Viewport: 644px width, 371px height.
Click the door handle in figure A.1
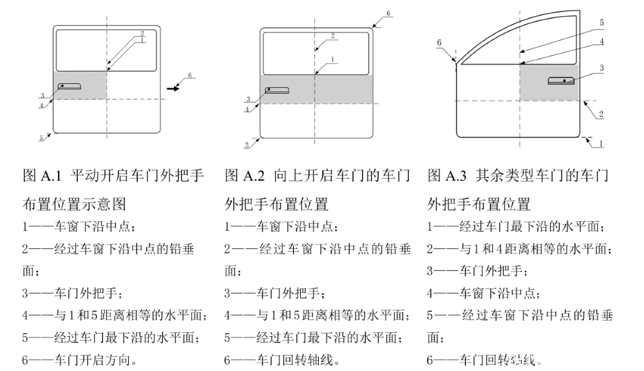coord(69,86)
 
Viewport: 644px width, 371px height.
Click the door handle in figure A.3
coord(562,81)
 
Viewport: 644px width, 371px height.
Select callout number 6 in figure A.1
coord(189,76)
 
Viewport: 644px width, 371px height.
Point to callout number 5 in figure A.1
coord(41,137)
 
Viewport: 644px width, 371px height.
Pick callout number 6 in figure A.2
coord(388,13)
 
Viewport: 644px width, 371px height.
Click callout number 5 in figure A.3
coord(601,23)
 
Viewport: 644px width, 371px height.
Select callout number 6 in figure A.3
coord(439,43)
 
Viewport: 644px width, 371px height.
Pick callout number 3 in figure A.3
coord(601,67)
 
